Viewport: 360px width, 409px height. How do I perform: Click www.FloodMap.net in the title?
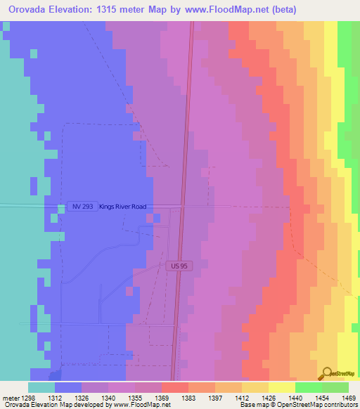coord(219,9)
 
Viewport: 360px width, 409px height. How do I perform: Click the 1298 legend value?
coord(28,397)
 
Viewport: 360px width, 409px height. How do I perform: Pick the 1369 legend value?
coord(162,397)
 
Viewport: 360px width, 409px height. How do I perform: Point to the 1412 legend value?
coord(242,397)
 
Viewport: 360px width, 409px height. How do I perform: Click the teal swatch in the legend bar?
coord(41,387)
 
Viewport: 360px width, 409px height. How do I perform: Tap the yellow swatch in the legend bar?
coord(281,387)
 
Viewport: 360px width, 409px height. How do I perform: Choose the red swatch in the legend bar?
coord(174,387)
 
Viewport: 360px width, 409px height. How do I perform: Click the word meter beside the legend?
coord(10,397)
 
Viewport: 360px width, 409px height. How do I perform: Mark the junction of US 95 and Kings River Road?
coord(182,206)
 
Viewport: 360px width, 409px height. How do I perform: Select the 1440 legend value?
coord(295,397)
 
